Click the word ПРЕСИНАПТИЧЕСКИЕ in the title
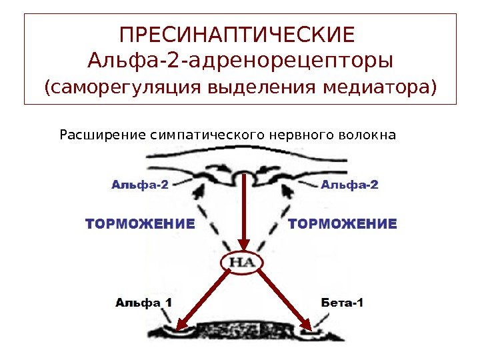(240, 33)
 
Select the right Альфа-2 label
(349, 185)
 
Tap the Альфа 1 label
(144, 302)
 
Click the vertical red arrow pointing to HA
(245, 213)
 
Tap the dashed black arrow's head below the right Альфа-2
(287, 193)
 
